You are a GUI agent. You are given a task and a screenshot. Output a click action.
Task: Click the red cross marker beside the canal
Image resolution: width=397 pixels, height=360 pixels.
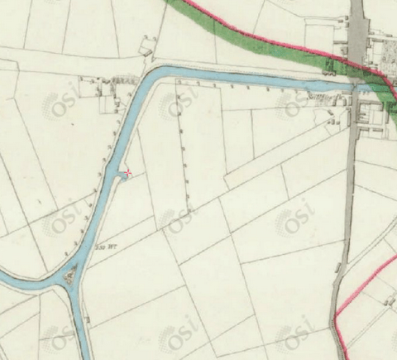pyautogui.click(x=127, y=172)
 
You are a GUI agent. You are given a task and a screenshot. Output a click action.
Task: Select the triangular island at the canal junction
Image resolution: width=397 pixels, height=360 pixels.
pyautogui.click(x=70, y=274)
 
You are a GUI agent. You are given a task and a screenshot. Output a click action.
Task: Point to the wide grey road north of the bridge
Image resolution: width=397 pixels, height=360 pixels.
pyautogui.click(x=358, y=33)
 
